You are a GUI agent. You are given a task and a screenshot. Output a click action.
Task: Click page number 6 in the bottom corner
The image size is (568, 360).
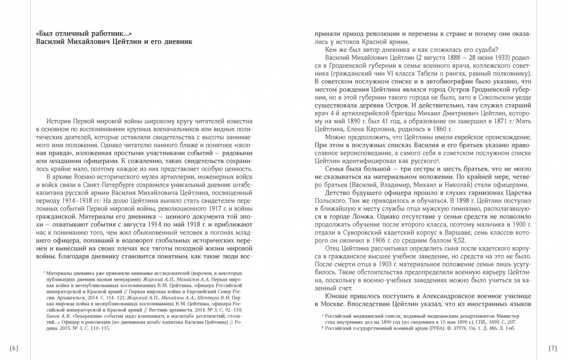click(x=14, y=348)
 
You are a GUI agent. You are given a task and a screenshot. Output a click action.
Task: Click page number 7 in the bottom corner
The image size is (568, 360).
click(x=553, y=348)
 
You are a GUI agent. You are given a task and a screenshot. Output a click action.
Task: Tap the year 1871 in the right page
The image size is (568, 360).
click(x=501, y=121)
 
